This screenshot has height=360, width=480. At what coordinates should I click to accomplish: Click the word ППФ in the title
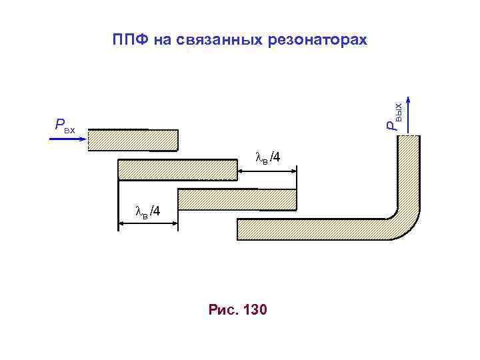pos(129,40)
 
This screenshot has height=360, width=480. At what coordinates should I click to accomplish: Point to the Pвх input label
pos(65,124)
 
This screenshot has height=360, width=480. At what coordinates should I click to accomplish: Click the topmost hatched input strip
pos(133,139)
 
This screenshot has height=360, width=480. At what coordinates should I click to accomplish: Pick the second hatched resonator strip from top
pos(178,169)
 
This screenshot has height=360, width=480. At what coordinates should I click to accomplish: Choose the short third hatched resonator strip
pos(237,199)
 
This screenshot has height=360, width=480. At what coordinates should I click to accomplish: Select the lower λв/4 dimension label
pos(147,212)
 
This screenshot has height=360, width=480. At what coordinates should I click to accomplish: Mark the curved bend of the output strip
pos(404,221)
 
